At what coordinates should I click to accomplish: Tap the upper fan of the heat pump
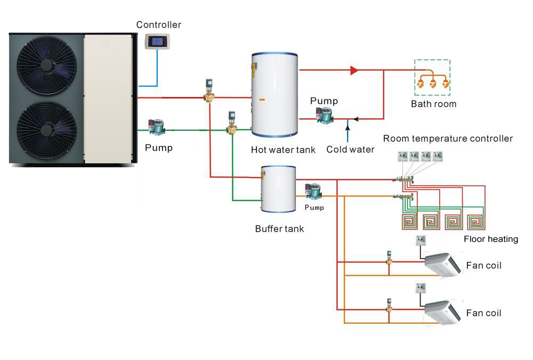click(47, 66)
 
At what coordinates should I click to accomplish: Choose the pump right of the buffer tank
click(312, 192)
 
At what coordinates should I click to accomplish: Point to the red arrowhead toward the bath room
click(354, 70)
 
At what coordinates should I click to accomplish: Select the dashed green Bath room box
click(432, 78)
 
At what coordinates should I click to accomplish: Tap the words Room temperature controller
click(448, 138)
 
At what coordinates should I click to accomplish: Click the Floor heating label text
click(490, 239)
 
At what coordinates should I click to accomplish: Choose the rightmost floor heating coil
click(477, 222)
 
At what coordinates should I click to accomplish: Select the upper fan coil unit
click(442, 264)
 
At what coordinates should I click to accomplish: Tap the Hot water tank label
click(283, 150)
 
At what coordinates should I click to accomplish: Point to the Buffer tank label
click(279, 228)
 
